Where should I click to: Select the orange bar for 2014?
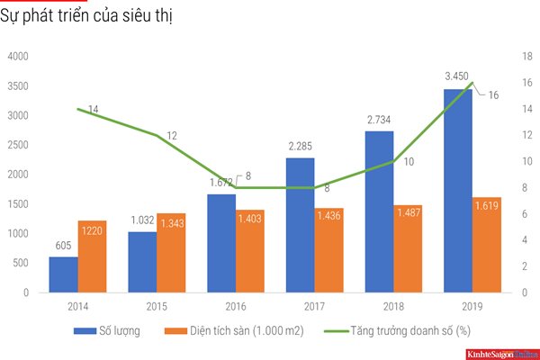click(x=92, y=256)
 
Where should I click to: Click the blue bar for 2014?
click(x=63, y=274)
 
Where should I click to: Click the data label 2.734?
click(x=379, y=119)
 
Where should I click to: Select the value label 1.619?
click(x=487, y=205)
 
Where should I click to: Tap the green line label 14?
click(x=93, y=110)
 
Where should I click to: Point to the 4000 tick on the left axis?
click(x=18, y=57)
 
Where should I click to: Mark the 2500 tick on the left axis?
click(x=18, y=145)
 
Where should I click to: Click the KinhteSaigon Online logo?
click(x=500, y=353)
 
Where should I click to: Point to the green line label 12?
click(x=172, y=136)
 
